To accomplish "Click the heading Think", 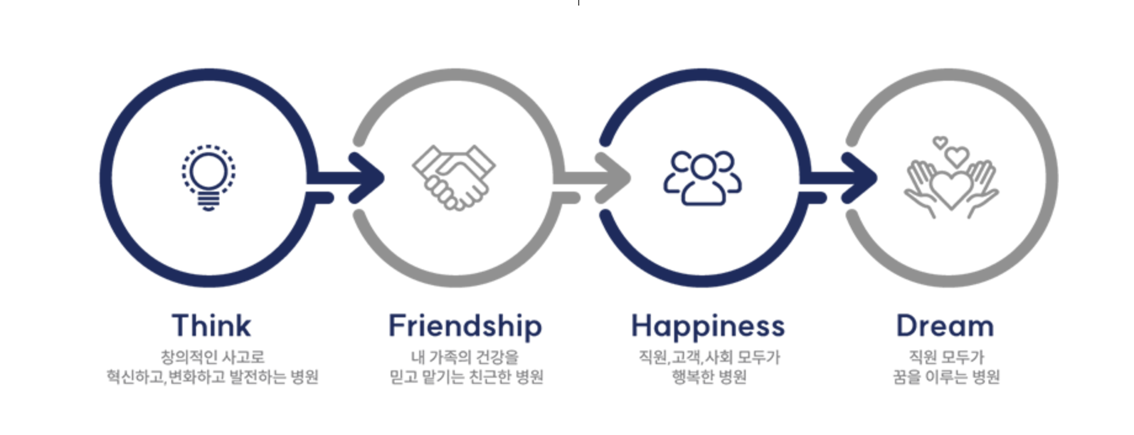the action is pyautogui.click(x=211, y=325).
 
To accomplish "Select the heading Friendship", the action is pyautogui.click(x=465, y=326).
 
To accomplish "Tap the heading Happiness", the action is pyautogui.click(x=708, y=326).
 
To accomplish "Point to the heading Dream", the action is pyautogui.click(x=945, y=326).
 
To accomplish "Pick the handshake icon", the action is pyautogui.click(x=454, y=177).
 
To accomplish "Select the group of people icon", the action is pyautogui.click(x=702, y=178).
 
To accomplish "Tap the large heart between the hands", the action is pyautogui.click(x=951, y=188).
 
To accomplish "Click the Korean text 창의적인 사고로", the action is pyautogui.click(x=212, y=357).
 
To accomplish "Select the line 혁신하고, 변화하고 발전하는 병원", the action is pyautogui.click(x=212, y=376).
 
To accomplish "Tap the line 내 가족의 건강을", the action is pyautogui.click(x=465, y=357).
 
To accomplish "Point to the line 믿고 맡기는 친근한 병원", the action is pyautogui.click(x=466, y=376).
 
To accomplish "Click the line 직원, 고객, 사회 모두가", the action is pyautogui.click(x=709, y=357).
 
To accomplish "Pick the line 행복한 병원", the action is pyautogui.click(x=709, y=376).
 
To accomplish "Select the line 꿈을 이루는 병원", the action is pyautogui.click(x=946, y=376).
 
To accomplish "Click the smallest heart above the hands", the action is pyautogui.click(x=940, y=142).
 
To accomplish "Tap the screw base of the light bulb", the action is pyautogui.click(x=208, y=200).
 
